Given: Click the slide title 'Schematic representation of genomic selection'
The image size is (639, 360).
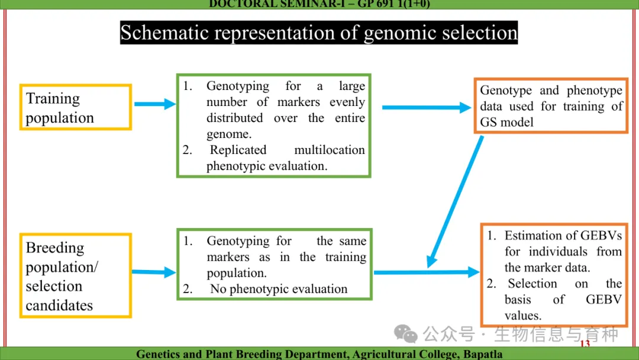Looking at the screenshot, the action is [x=319, y=33].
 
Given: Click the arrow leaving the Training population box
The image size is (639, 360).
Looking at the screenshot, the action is [x=155, y=104].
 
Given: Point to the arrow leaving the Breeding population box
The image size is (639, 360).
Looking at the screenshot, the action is [x=154, y=272].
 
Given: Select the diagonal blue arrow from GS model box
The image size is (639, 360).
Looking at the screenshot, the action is [x=455, y=202].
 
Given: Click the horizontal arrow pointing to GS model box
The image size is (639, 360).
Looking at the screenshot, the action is [x=427, y=108].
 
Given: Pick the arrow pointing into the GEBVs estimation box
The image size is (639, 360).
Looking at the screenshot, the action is [x=427, y=272].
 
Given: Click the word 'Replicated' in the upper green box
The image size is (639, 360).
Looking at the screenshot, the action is [x=238, y=150].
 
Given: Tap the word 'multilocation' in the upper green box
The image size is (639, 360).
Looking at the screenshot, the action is [x=330, y=150].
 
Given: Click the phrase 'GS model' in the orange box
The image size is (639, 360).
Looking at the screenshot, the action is [x=506, y=123].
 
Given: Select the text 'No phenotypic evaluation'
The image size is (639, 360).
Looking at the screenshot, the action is [x=279, y=289].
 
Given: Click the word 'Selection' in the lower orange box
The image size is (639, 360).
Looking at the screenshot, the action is [x=532, y=284].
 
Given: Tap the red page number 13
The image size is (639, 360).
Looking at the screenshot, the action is [x=585, y=343].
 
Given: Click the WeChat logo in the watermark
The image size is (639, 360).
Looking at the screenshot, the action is [x=405, y=334].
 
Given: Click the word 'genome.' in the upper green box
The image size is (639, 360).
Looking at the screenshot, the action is [x=229, y=134].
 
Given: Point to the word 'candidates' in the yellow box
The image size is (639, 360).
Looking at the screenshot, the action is [x=59, y=306].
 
